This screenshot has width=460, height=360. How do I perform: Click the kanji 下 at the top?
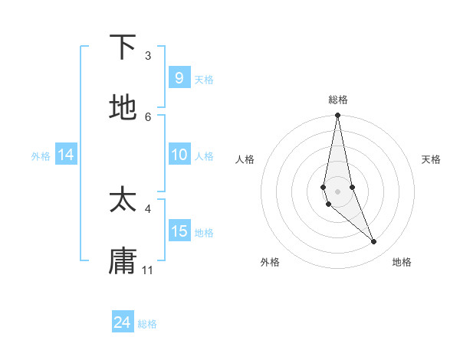(x=123, y=47)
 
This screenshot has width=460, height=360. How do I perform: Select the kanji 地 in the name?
(x=123, y=108)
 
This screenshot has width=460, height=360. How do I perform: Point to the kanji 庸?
(x=123, y=261)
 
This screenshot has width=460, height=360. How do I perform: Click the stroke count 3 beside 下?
(x=148, y=56)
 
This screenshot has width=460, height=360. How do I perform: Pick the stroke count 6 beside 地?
(x=148, y=117)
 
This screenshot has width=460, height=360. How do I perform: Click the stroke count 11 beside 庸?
(x=148, y=270)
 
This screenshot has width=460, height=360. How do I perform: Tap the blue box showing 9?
(x=179, y=77)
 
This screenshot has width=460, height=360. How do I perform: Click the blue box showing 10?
(x=179, y=155)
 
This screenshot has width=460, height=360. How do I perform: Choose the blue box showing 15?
(x=179, y=231)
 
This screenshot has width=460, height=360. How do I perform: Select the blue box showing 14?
(x=66, y=155)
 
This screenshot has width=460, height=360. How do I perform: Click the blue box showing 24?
(x=123, y=322)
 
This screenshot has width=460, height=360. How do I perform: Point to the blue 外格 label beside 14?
(x=41, y=155)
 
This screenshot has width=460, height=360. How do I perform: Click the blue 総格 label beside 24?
(x=147, y=324)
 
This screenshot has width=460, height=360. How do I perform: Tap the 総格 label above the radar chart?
(x=338, y=100)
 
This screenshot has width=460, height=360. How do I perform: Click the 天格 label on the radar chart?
(x=432, y=159)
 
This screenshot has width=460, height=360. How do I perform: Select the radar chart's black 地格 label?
(x=402, y=263)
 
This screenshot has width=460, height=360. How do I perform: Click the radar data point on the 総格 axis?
(x=337, y=116)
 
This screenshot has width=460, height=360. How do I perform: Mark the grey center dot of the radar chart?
(x=337, y=191)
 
